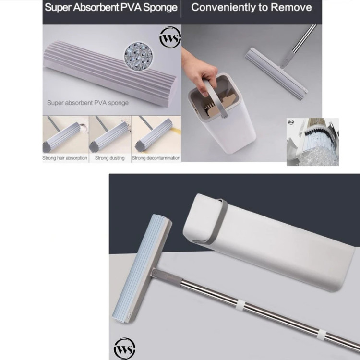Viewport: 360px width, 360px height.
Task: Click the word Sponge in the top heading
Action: (160, 8)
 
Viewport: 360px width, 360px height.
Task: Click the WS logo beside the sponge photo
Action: (170, 38)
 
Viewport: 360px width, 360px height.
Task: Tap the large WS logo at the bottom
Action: (124, 348)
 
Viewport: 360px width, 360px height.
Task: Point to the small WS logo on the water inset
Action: (291, 122)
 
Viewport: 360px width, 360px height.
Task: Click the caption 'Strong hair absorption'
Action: (65, 158)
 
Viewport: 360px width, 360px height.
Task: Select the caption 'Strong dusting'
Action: (110, 158)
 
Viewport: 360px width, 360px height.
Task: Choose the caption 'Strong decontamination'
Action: (156, 158)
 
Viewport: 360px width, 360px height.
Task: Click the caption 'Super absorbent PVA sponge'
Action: (88, 103)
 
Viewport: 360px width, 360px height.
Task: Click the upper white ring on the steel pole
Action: (240, 305)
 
